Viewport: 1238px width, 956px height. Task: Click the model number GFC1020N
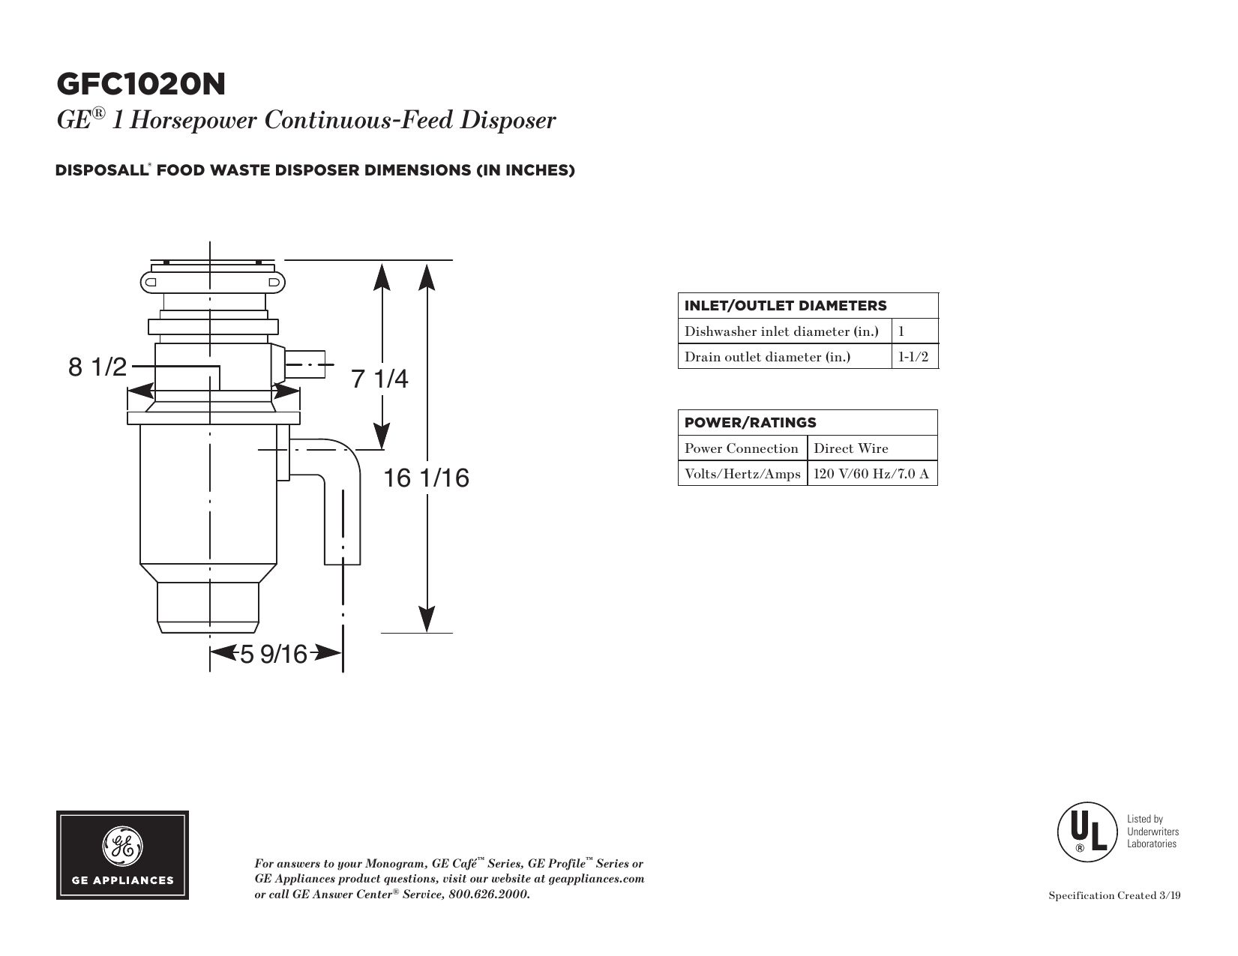141,84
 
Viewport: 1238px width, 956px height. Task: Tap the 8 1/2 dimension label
97,367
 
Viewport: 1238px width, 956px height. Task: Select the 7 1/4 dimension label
379,379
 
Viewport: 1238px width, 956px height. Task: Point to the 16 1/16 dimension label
426,478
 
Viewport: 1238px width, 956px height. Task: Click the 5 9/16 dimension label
274,654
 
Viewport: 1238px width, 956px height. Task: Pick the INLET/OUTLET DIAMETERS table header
785,306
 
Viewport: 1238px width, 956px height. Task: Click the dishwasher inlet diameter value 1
901,331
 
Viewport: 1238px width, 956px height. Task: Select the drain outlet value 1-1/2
913,357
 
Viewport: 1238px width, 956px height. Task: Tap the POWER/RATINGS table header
750,423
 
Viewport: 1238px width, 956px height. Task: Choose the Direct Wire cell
850,448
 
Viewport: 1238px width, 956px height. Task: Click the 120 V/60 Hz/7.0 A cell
871,473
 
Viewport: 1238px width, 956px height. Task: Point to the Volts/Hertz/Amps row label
742,473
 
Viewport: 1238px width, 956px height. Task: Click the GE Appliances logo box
122,856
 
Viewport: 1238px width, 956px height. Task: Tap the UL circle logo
1087,832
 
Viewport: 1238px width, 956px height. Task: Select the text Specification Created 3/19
1114,895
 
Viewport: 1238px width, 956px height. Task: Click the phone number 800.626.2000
489,894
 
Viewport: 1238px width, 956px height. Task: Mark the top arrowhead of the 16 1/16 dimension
427,276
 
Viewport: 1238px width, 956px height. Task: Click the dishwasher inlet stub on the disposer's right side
304,364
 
